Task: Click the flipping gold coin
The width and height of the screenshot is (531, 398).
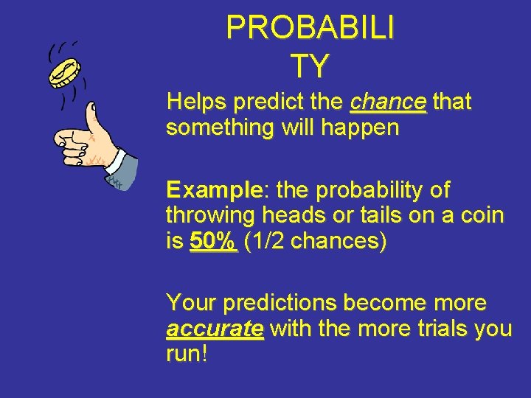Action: coord(63,72)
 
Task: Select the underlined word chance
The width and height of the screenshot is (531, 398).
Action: coord(389,102)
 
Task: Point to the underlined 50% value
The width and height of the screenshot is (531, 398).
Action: coord(214,241)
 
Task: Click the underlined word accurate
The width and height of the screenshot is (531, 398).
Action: coord(215,328)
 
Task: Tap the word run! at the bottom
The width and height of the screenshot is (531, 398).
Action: coord(187,354)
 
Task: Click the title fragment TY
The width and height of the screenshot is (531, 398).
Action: coord(309,67)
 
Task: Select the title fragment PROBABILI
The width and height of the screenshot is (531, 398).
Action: coord(310,29)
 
